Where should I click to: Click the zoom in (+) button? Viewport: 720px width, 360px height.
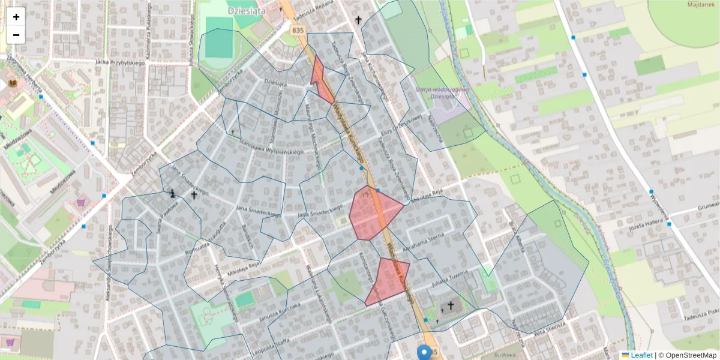click(16, 17)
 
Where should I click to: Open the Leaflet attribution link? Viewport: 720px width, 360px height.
click(641, 355)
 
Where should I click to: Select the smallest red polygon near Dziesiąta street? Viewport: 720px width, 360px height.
click(321, 81)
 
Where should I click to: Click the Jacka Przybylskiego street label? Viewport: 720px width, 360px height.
click(120, 62)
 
